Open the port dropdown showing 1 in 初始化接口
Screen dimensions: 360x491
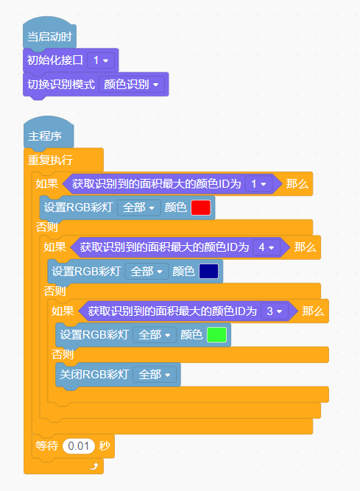(101, 60)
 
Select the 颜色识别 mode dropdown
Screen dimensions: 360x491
(132, 84)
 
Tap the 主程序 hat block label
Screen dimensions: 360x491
(45, 136)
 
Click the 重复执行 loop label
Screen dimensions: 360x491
(50, 160)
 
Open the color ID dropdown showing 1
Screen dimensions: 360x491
(258, 184)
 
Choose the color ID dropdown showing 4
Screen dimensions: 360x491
(267, 247)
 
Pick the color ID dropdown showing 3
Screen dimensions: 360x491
(275, 311)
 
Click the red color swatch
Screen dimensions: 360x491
(201, 208)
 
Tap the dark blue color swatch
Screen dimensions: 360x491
(209, 271)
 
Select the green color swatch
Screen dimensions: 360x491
(216, 335)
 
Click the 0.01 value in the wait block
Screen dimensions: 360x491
(79, 446)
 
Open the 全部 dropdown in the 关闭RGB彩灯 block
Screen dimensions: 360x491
(155, 375)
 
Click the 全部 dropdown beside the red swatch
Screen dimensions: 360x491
(138, 208)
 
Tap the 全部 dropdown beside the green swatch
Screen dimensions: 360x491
(155, 335)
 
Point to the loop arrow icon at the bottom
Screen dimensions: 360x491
(94, 466)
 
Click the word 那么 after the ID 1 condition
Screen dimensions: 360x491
(297, 184)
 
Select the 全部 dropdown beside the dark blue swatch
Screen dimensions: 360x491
(147, 271)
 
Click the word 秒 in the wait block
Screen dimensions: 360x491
(105, 446)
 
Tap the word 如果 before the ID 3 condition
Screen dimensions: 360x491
(63, 311)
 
